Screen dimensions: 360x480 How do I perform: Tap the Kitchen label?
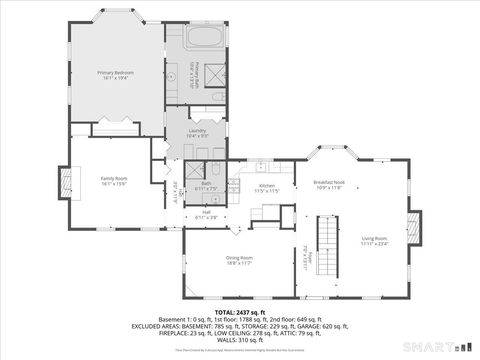[267, 185]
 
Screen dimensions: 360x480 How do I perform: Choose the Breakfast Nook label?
[329, 182]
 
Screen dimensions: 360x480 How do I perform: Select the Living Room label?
[374, 238]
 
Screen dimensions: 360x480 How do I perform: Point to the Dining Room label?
[239, 257]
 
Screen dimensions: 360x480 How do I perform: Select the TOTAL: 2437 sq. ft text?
[240, 312]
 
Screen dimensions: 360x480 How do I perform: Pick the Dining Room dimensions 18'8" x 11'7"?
[239, 263]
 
